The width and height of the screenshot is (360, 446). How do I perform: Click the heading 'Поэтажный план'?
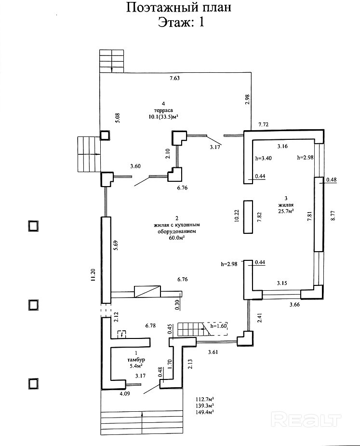click(x=178, y=8)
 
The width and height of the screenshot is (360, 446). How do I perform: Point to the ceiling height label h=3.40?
click(x=264, y=158)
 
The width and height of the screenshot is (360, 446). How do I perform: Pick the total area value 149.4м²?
click(x=205, y=412)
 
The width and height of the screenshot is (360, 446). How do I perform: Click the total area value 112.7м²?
click(x=205, y=399)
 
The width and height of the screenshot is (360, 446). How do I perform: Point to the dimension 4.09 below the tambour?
click(x=125, y=393)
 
